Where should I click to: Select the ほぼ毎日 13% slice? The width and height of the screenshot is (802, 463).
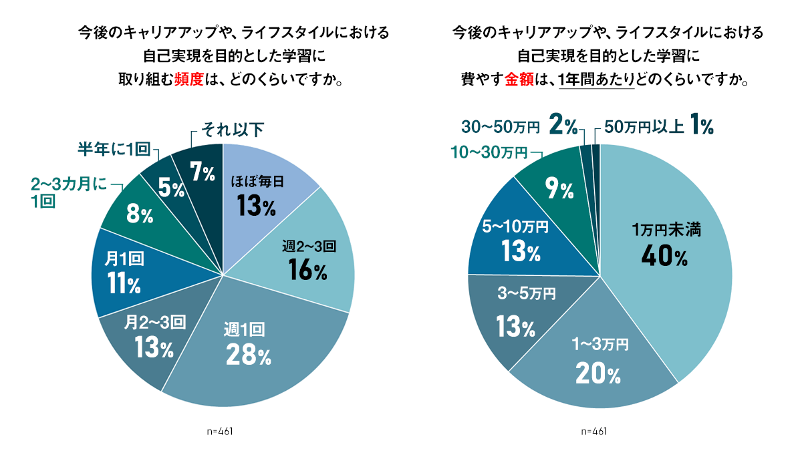point(257,194)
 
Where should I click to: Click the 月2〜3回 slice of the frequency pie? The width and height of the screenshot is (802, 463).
point(154,337)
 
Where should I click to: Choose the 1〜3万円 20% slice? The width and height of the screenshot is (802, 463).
point(598,361)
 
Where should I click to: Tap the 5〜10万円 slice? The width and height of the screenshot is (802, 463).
point(515,241)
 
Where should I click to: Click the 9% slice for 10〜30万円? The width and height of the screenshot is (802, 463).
point(558,187)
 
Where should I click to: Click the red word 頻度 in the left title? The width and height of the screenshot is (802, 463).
point(192,80)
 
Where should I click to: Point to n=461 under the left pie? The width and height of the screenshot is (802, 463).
point(220,431)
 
